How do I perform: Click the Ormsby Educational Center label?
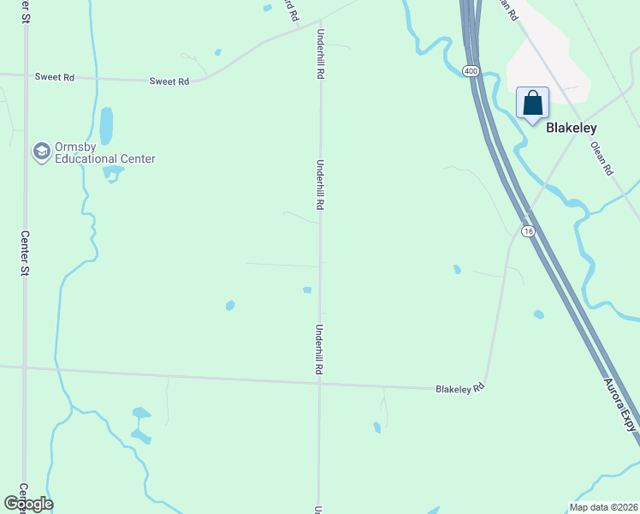(x=94, y=152)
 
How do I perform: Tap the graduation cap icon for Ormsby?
(x=40, y=152)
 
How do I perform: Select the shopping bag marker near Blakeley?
(x=532, y=104)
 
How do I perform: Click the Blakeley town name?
(x=571, y=127)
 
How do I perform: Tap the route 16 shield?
(x=527, y=231)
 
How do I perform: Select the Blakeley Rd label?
(x=460, y=388)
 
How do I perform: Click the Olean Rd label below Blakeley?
(x=602, y=158)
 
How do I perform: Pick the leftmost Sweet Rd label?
(x=55, y=77)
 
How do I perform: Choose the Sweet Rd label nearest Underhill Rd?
(x=169, y=81)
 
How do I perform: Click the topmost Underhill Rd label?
(x=321, y=56)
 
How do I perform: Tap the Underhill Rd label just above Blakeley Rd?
(x=319, y=350)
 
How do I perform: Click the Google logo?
(x=28, y=504)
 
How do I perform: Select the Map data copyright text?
(x=603, y=507)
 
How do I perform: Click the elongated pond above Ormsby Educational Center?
(x=106, y=126)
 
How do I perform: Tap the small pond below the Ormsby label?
(x=112, y=174)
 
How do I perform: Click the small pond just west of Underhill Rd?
(x=307, y=290)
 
